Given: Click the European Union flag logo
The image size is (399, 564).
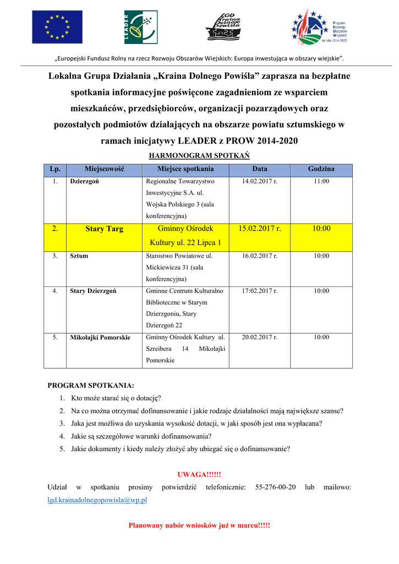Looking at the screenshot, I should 57,27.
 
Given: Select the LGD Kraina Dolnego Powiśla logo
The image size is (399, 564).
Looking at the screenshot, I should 223,26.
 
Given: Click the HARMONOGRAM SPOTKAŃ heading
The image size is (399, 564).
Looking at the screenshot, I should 200,156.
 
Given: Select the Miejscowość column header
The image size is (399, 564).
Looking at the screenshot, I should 105,169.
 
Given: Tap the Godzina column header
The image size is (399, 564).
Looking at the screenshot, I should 321,169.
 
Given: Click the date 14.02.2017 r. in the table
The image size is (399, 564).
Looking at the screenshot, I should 260,181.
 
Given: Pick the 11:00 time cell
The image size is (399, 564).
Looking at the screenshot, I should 321,181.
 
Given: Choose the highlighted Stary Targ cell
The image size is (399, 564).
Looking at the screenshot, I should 105,229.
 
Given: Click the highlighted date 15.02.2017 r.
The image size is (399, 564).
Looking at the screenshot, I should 260,228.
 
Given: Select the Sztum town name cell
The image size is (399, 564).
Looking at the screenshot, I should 79,256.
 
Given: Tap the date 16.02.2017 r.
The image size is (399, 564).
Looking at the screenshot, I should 260,256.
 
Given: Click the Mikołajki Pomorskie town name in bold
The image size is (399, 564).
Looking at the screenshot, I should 100,338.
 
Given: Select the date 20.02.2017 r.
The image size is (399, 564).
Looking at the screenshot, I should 260,337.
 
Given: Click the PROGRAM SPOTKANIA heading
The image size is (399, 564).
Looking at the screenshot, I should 91,386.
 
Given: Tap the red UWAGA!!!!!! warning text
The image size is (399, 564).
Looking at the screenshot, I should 199,475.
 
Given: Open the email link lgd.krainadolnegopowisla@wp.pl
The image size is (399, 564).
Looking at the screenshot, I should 97,500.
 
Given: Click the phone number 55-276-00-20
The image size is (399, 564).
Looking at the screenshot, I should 276,487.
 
